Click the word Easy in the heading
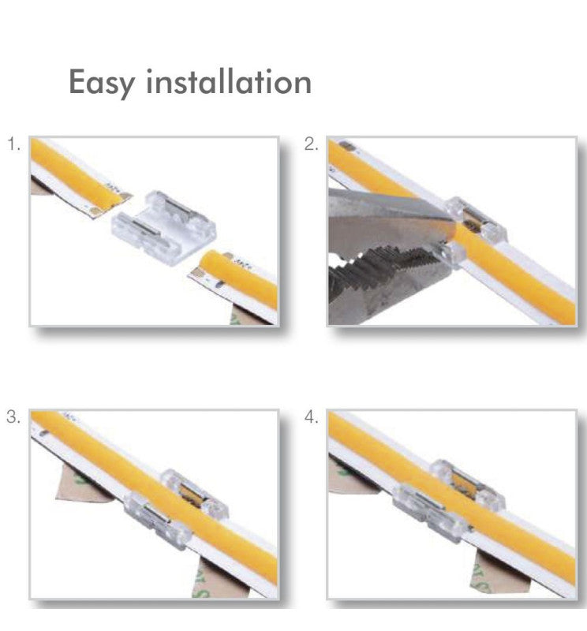point(101,82)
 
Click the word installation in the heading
point(228,81)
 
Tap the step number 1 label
point(13,144)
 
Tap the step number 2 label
point(311,144)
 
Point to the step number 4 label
point(312,417)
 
